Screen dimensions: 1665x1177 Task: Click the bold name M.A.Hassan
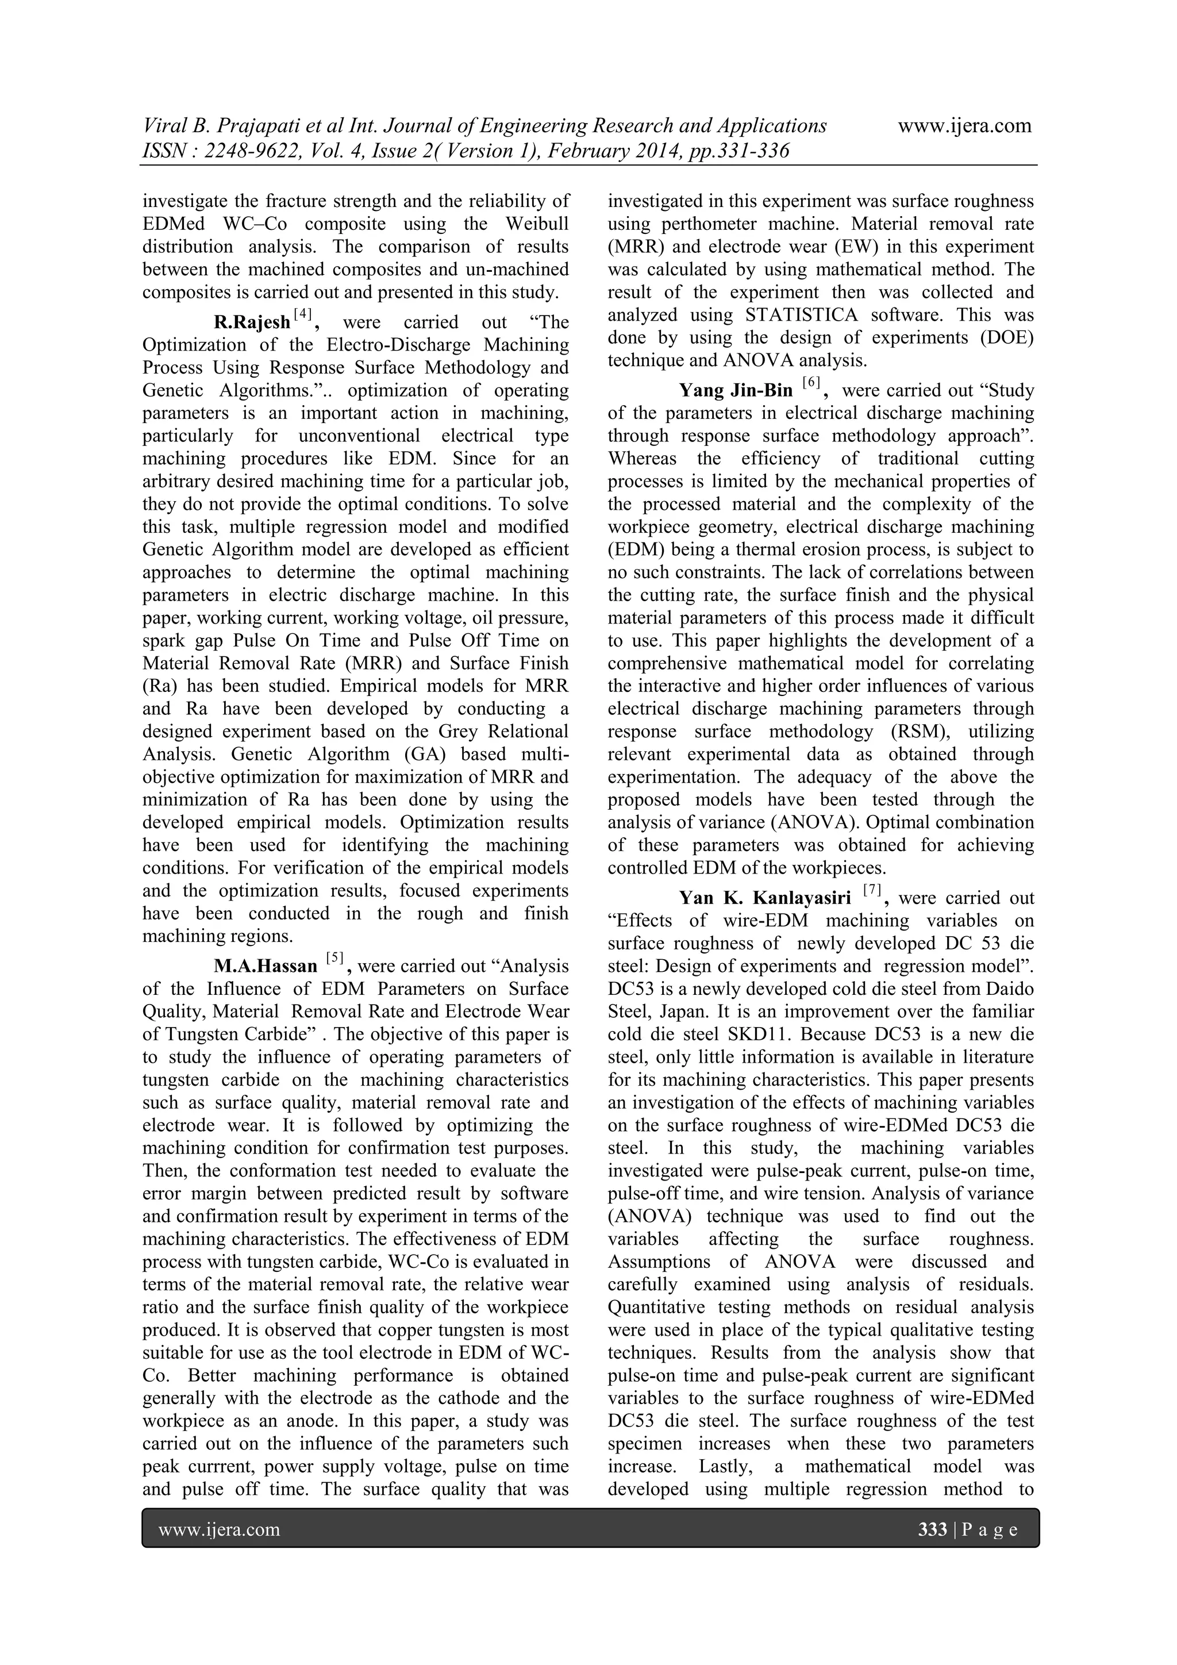tap(265, 967)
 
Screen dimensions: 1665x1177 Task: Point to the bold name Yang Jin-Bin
tap(736, 391)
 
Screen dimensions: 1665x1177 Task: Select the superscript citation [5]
tap(334, 959)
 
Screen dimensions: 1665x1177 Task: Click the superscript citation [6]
tap(809, 384)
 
